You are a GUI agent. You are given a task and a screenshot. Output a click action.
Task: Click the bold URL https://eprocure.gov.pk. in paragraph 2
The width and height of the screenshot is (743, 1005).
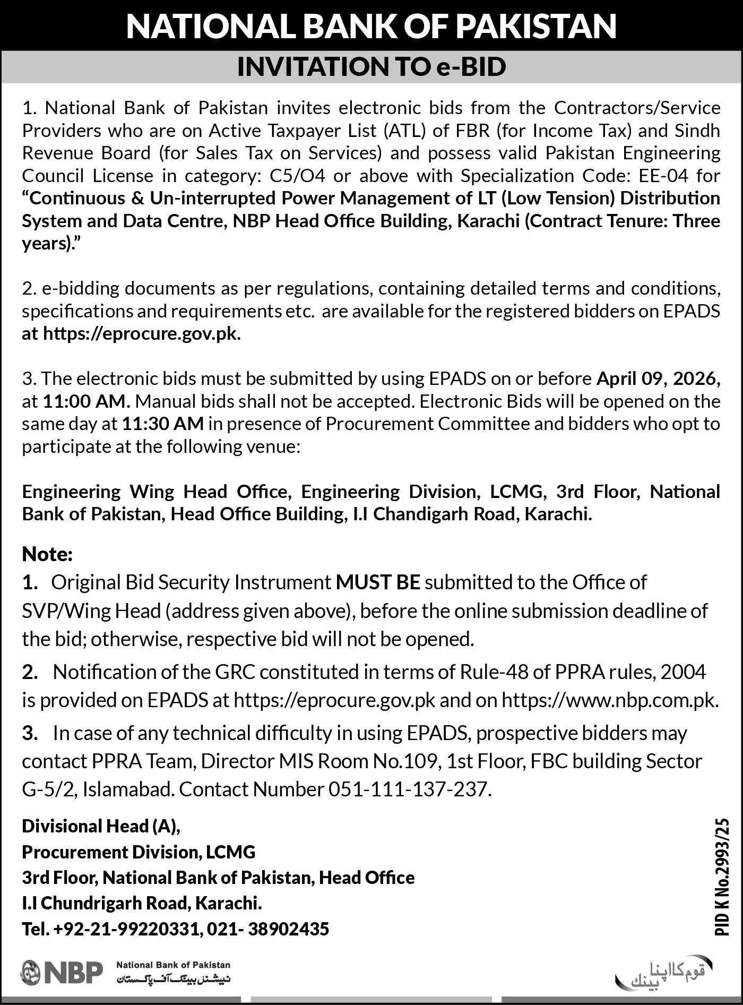pos(142,333)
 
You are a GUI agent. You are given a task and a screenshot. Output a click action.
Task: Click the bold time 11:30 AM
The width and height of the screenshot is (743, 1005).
pos(163,424)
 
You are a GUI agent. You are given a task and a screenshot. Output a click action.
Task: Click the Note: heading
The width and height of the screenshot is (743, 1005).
pos(47,554)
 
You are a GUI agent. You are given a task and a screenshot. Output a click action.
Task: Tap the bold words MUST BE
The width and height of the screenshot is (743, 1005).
pos(378,582)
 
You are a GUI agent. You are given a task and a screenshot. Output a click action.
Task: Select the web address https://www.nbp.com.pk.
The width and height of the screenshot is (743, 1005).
pos(610,700)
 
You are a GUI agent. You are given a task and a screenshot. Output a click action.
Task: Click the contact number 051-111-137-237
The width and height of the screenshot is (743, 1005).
pos(408,789)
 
